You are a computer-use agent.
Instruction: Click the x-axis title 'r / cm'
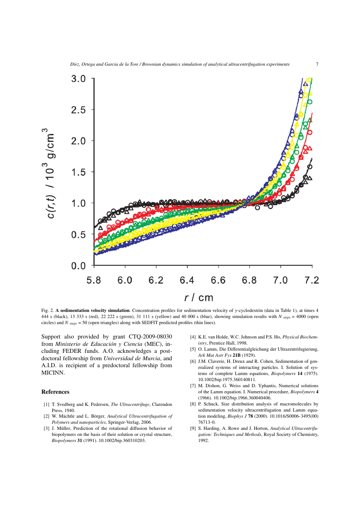(199, 298)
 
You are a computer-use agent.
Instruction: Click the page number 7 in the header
(317, 64)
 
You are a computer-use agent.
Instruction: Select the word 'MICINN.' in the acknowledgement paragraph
(53, 373)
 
